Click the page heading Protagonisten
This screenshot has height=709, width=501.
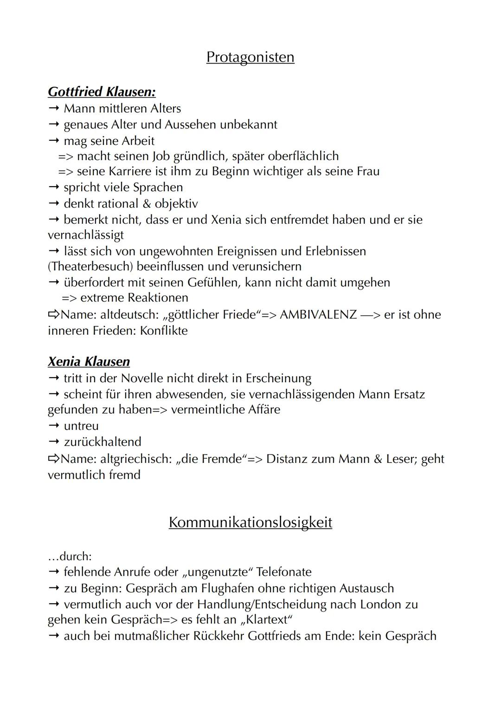point(250,57)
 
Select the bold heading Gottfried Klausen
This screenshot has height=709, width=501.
point(102,91)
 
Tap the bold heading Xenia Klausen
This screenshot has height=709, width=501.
point(89,361)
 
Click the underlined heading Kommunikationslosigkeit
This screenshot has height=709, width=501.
point(250,522)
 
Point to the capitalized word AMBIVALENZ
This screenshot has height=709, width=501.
point(318,314)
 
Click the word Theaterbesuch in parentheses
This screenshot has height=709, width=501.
point(90,267)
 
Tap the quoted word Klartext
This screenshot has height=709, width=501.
point(265,620)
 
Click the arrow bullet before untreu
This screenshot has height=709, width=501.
point(54,426)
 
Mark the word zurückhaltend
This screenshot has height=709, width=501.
point(103,442)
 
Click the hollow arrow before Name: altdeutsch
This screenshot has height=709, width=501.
point(54,314)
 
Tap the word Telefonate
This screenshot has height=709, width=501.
point(283,572)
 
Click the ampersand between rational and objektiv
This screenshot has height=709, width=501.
point(147,203)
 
